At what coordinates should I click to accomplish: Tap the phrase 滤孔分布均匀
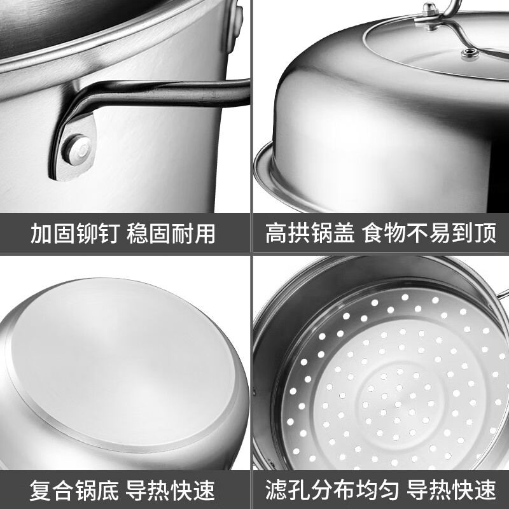pyautogui.click(x=332, y=489)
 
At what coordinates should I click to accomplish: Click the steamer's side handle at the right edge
pyautogui.click(x=503, y=294)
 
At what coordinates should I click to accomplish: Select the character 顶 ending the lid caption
pyautogui.click(x=485, y=234)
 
